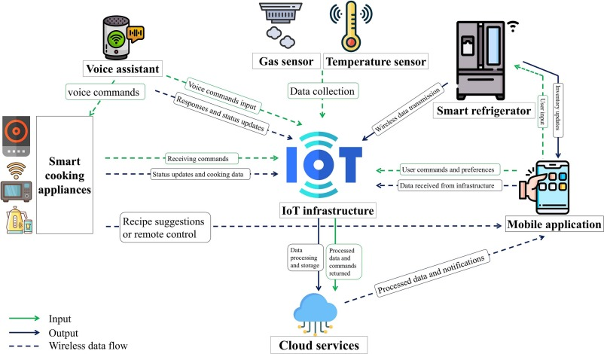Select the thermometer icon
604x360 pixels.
click(x=349, y=27)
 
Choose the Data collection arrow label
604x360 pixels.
click(x=324, y=90)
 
